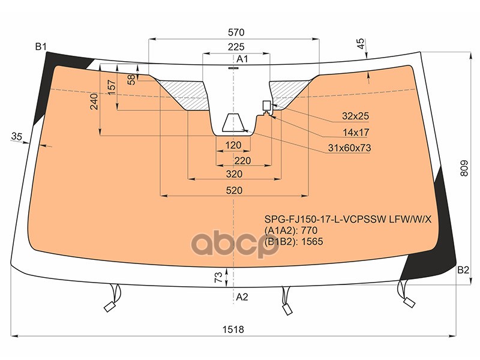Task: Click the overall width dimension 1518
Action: (x=233, y=329)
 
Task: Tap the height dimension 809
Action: (x=464, y=168)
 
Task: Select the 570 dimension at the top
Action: (x=236, y=32)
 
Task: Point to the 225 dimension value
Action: (x=236, y=47)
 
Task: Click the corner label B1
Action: (x=41, y=47)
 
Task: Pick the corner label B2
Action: (x=463, y=269)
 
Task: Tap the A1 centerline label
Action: (x=242, y=59)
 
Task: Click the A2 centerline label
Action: (x=242, y=296)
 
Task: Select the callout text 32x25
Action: (x=355, y=116)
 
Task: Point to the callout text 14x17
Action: (x=356, y=132)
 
